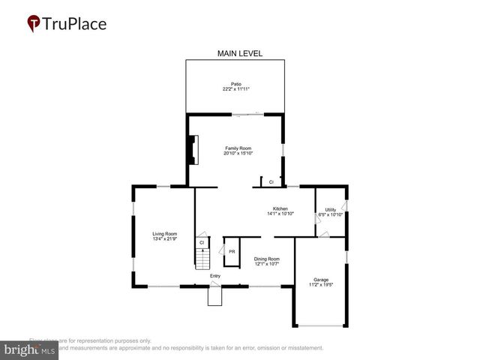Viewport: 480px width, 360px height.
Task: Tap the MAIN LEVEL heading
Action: click(x=240, y=53)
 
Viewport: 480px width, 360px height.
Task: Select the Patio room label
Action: click(x=235, y=83)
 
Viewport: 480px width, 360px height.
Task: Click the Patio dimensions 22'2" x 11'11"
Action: click(x=235, y=89)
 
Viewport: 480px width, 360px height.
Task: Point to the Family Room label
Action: click(x=238, y=148)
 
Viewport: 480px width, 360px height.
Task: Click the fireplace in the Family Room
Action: click(x=193, y=149)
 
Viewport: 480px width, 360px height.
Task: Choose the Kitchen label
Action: click(x=280, y=208)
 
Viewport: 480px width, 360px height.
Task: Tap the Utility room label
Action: click(x=330, y=208)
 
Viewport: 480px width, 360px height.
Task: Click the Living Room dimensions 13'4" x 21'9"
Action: click(x=164, y=239)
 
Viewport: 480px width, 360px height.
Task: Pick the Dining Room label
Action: click(x=266, y=258)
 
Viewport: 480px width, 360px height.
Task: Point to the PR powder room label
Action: click(x=232, y=251)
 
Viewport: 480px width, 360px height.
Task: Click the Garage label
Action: click(x=321, y=279)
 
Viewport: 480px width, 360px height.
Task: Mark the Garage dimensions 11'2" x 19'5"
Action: click(x=321, y=285)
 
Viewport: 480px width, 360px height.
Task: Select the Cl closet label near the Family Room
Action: click(x=271, y=182)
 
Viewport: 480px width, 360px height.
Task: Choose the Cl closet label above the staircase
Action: click(x=202, y=242)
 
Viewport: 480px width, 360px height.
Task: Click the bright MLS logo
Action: click(x=29, y=349)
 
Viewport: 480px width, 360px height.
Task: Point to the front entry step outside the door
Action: click(x=215, y=297)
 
